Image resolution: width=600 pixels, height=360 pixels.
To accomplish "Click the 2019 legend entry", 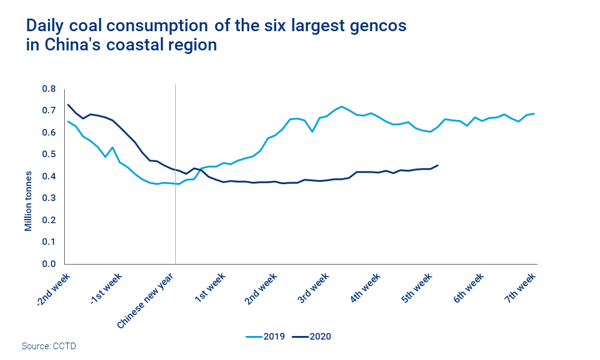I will point(265,337).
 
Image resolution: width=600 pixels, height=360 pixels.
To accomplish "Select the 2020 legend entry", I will point(311,337).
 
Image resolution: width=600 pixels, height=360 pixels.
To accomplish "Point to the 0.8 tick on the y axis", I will point(49,89).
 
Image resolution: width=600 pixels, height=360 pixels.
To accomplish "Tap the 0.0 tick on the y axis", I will point(49,264).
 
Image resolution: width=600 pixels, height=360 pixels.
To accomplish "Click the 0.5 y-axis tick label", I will point(49,154).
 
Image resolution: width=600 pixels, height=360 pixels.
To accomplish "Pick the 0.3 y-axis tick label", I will point(49,198).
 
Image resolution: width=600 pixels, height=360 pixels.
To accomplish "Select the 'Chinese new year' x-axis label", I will point(146,299).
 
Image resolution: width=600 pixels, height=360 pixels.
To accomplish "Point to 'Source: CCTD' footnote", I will point(49,346).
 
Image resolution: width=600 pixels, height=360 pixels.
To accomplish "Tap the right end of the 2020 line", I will point(438,165).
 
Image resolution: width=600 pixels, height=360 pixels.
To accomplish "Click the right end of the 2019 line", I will point(534,113).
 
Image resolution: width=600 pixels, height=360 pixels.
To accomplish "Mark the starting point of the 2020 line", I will point(68,104).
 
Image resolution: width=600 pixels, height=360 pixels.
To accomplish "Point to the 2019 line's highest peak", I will point(341,107).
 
